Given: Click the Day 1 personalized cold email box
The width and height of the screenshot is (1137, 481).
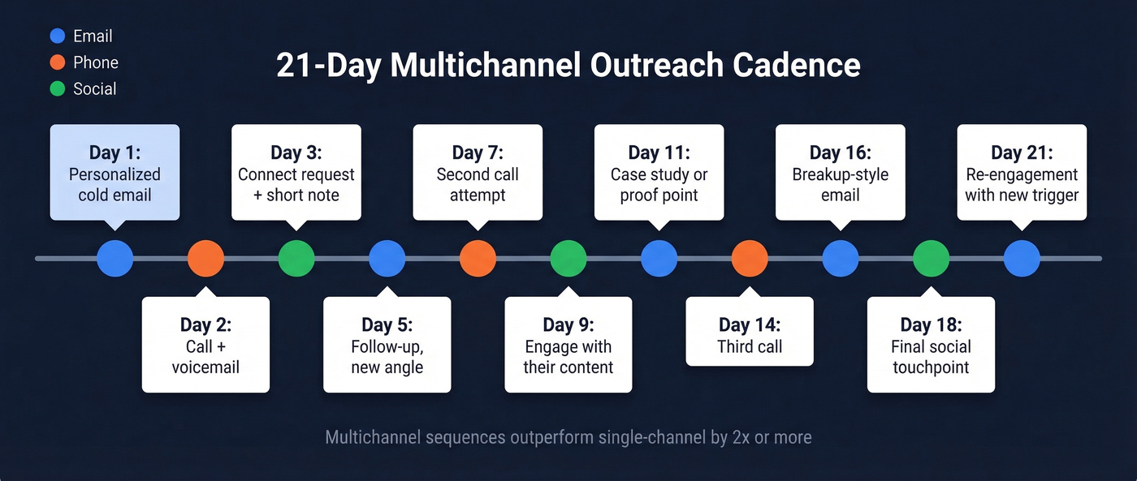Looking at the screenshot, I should [x=115, y=173].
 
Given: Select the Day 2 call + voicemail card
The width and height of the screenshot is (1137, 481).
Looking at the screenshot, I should [x=205, y=345].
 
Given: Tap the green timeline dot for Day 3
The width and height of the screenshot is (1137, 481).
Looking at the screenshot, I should [x=296, y=259].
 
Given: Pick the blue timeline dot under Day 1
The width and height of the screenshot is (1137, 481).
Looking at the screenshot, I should [x=115, y=259].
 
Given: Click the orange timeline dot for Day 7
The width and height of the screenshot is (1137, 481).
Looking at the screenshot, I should [x=478, y=259].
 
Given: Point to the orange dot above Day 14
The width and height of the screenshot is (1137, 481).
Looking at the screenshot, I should [x=750, y=259].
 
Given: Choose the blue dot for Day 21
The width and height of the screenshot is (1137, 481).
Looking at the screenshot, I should [x=1022, y=259].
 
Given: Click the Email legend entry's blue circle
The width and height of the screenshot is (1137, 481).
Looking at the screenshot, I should [x=57, y=37].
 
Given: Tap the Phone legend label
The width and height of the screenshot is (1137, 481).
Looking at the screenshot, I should [x=95, y=62].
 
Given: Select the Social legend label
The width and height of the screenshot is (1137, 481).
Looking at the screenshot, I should [x=94, y=89].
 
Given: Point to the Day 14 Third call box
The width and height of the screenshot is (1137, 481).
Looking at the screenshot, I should [x=750, y=332].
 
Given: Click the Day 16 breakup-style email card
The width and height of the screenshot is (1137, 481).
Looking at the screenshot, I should [x=841, y=173].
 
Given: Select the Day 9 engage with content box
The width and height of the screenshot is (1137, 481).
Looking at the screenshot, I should [x=568, y=345].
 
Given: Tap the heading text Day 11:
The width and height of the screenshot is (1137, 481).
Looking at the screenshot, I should [x=659, y=152].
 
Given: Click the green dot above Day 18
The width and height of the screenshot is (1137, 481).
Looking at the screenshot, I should [x=931, y=259].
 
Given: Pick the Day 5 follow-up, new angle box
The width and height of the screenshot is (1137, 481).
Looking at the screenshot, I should [x=387, y=345].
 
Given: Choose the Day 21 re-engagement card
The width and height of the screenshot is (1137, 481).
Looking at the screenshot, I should [x=1022, y=173].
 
